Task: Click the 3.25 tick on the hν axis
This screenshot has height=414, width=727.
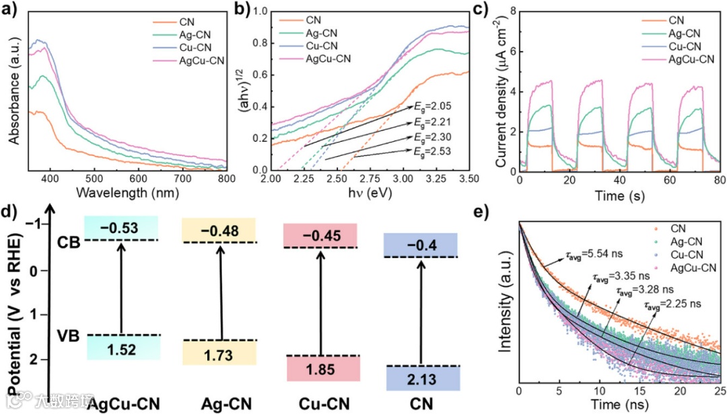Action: (x=436, y=178)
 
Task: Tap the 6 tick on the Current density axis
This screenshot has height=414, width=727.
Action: (x=511, y=51)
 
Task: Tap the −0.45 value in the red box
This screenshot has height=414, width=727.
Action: (x=322, y=236)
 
